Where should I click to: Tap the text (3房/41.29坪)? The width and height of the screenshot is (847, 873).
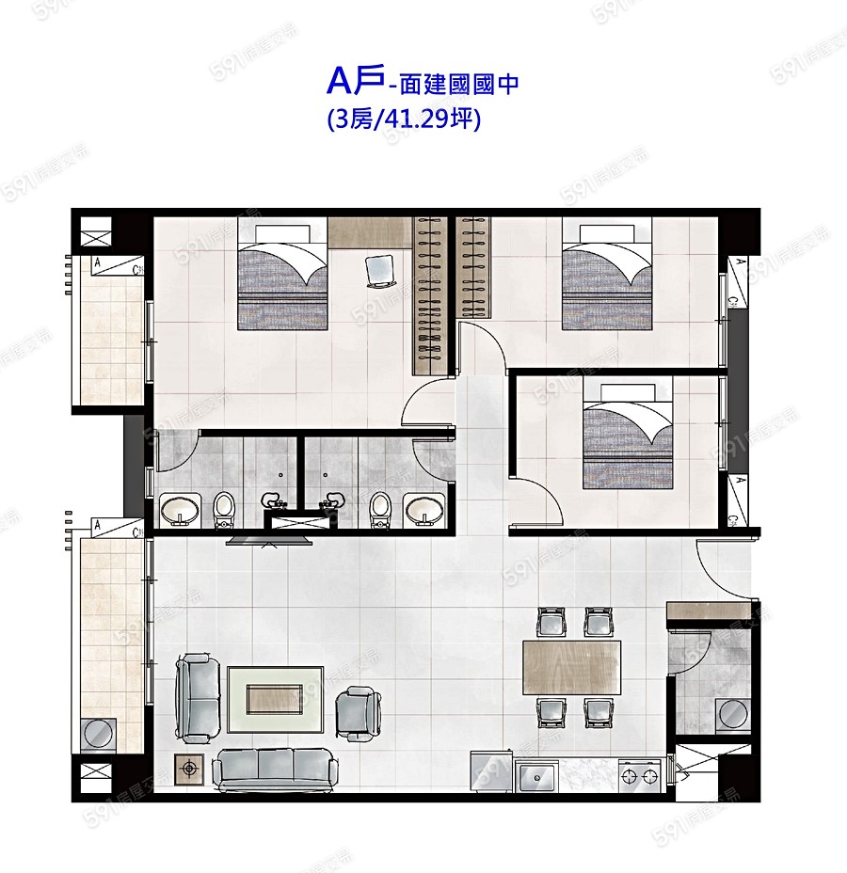[x=404, y=119]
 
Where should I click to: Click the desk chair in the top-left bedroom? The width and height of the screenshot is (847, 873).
[x=379, y=270]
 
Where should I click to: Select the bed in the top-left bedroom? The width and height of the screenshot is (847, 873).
[x=282, y=275]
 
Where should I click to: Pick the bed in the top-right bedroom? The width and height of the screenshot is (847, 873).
[x=606, y=275]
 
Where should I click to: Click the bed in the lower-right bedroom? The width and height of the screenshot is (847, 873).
[x=628, y=435]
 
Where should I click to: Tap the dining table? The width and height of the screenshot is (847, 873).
[x=572, y=666]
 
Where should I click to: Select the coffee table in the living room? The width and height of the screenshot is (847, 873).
[x=275, y=699]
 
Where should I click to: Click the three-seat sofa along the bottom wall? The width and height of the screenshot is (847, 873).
[x=273, y=769]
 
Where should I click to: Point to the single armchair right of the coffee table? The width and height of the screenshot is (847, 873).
[x=360, y=710]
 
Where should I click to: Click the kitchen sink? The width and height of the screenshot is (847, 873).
[x=538, y=777]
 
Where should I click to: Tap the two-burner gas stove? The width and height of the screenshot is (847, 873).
[x=641, y=777]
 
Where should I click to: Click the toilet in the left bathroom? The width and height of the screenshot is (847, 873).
[x=224, y=508]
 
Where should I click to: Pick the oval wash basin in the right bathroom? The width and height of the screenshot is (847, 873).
[x=424, y=511]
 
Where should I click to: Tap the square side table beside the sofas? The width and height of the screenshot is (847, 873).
[x=191, y=769]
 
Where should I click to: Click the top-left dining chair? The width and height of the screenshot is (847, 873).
[x=550, y=622]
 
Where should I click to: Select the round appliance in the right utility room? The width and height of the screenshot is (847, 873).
[x=731, y=715]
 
